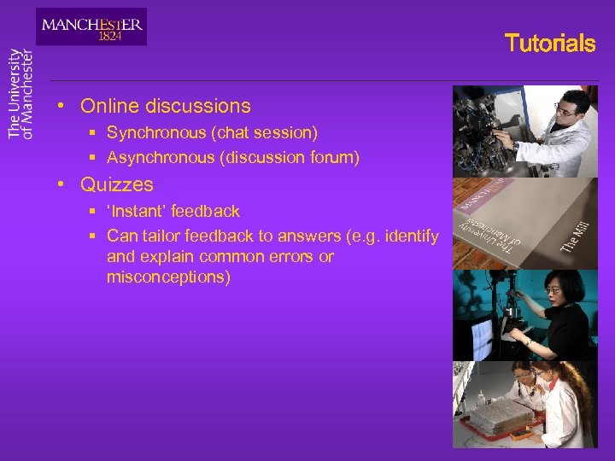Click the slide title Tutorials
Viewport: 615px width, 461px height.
click(x=549, y=44)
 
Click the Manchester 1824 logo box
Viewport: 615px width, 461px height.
click(x=91, y=26)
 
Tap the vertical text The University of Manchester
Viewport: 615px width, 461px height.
click(x=20, y=93)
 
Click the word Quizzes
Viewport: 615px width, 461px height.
click(x=117, y=184)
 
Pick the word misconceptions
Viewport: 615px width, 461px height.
click(x=168, y=277)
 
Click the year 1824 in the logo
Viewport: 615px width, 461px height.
click(x=109, y=37)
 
